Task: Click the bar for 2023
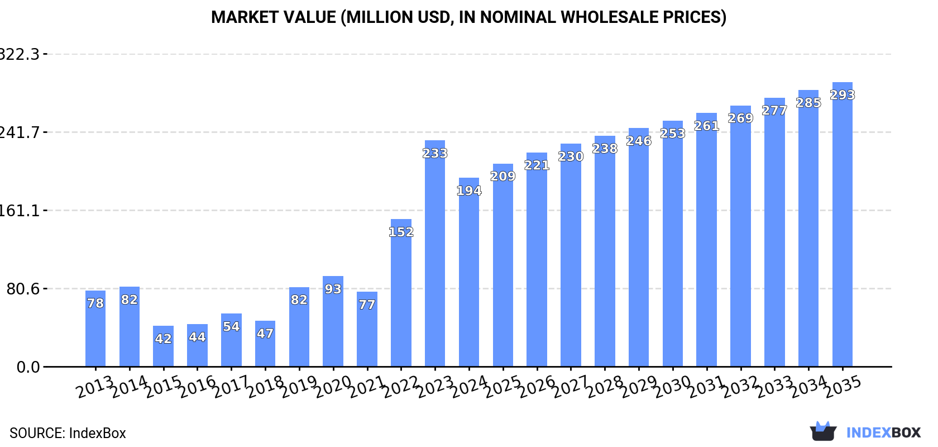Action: tap(435, 254)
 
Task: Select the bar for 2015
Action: tap(163, 346)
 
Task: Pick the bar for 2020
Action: tap(333, 321)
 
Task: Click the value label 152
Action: tap(401, 232)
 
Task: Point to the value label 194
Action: tap(469, 191)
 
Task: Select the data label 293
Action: tap(842, 95)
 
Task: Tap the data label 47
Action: tap(265, 334)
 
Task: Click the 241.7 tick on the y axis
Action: tap(20, 132)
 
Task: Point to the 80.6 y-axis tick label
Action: tap(23, 289)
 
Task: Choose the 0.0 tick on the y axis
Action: tap(28, 367)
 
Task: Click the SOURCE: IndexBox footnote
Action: tap(68, 433)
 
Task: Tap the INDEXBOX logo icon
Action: tap(823, 432)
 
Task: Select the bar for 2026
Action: tap(537, 260)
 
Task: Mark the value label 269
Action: tap(740, 118)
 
